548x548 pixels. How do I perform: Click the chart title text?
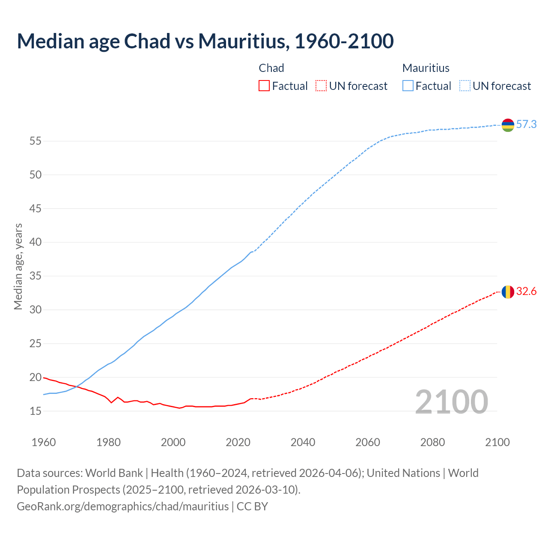(205, 41)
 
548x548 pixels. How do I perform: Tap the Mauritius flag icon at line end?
(508, 125)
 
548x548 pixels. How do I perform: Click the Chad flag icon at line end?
(508, 292)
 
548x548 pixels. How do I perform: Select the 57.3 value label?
(526, 125)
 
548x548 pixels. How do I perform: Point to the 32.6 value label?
(526, 292)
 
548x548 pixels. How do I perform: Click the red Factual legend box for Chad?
(264, 86)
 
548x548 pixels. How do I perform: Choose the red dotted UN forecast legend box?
(321, 86)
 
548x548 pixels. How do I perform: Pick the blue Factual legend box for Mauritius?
(408, 86)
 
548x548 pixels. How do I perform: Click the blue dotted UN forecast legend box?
(465, 86)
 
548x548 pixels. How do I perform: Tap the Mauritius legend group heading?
(426, 68)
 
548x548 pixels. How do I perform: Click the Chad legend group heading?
(271, 68)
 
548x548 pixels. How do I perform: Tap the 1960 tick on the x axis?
(44, 442)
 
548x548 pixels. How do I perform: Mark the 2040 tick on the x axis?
(303, 442)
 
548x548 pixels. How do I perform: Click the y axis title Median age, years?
(18, 266)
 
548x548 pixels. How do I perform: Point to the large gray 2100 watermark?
(451, 402)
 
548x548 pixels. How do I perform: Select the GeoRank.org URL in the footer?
(123, 506)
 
